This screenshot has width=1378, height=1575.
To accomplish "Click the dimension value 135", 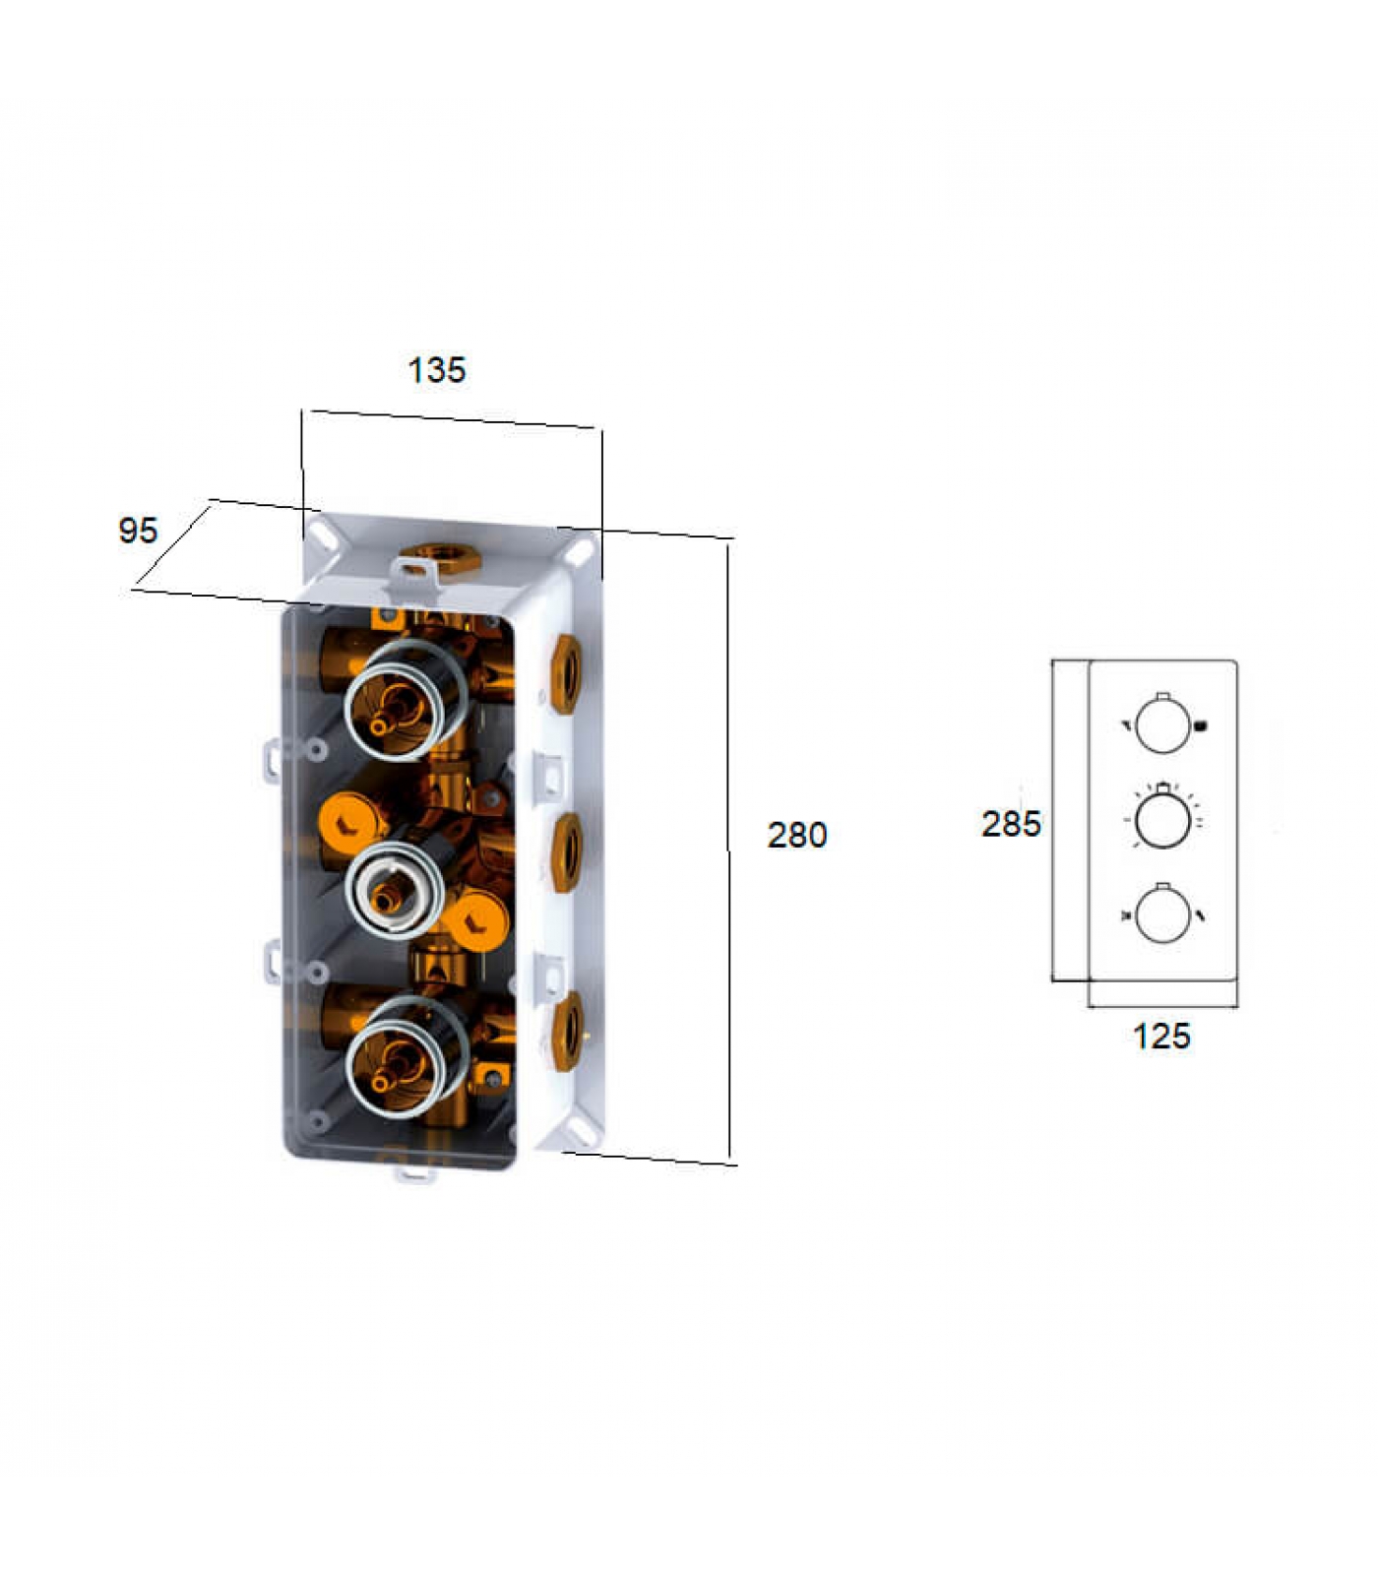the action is pos(436,370).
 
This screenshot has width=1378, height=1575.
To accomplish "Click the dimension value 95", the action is pos(138,531).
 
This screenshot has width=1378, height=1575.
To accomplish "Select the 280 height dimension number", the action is pos(797,835).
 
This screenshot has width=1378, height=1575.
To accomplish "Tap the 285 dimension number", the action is pos(1011,823).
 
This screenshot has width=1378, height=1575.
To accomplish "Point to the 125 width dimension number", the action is pos(1161,1036).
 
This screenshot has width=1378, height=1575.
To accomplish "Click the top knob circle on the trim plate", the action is pos(1162,725).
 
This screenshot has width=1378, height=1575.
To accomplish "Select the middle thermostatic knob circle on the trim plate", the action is pos(1162,819).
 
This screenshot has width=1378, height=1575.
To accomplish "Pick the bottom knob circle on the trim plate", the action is pos(1162,915).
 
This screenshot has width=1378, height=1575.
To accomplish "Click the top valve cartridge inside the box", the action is pos(404,699).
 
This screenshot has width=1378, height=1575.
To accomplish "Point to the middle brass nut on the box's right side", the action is pos(566,852).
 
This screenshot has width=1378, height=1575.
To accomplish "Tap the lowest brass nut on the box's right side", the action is pos(566,1031).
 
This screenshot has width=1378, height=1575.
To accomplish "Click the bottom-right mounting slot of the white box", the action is pos(581,1133).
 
